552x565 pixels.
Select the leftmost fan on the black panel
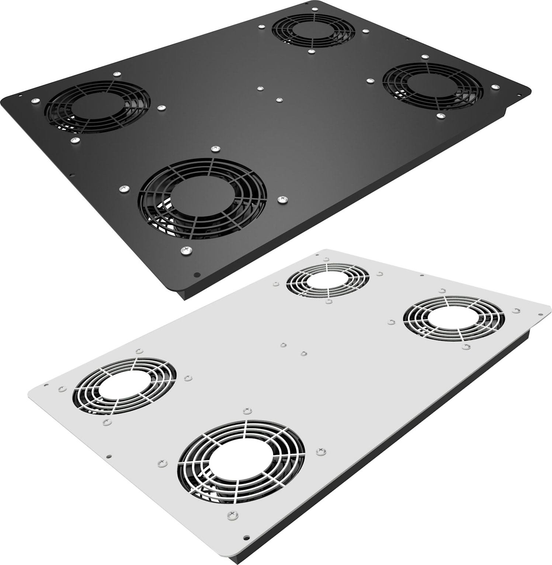click(x=97, y=107)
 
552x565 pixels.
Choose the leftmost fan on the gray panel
click(x=125, y=386)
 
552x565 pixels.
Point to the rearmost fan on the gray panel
click(x=327, y=280)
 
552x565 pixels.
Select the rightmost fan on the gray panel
click(x=454, y=318)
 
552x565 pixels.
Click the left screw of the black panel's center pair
click(x=260, y=89)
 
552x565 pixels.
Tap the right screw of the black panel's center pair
click(x=279, y=99)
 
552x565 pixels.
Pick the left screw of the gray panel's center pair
click(x=283, y=345)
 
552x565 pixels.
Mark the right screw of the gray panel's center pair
click(x=303, y=354)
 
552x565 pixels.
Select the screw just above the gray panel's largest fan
click(x=246, y=411)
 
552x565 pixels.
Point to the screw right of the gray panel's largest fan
click(x=319, y=451)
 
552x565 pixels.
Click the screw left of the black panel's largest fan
click(x=123, y=189)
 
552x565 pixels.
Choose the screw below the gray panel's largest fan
click(x=232, y=513)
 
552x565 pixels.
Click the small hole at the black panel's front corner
click(x=197, y=275)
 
